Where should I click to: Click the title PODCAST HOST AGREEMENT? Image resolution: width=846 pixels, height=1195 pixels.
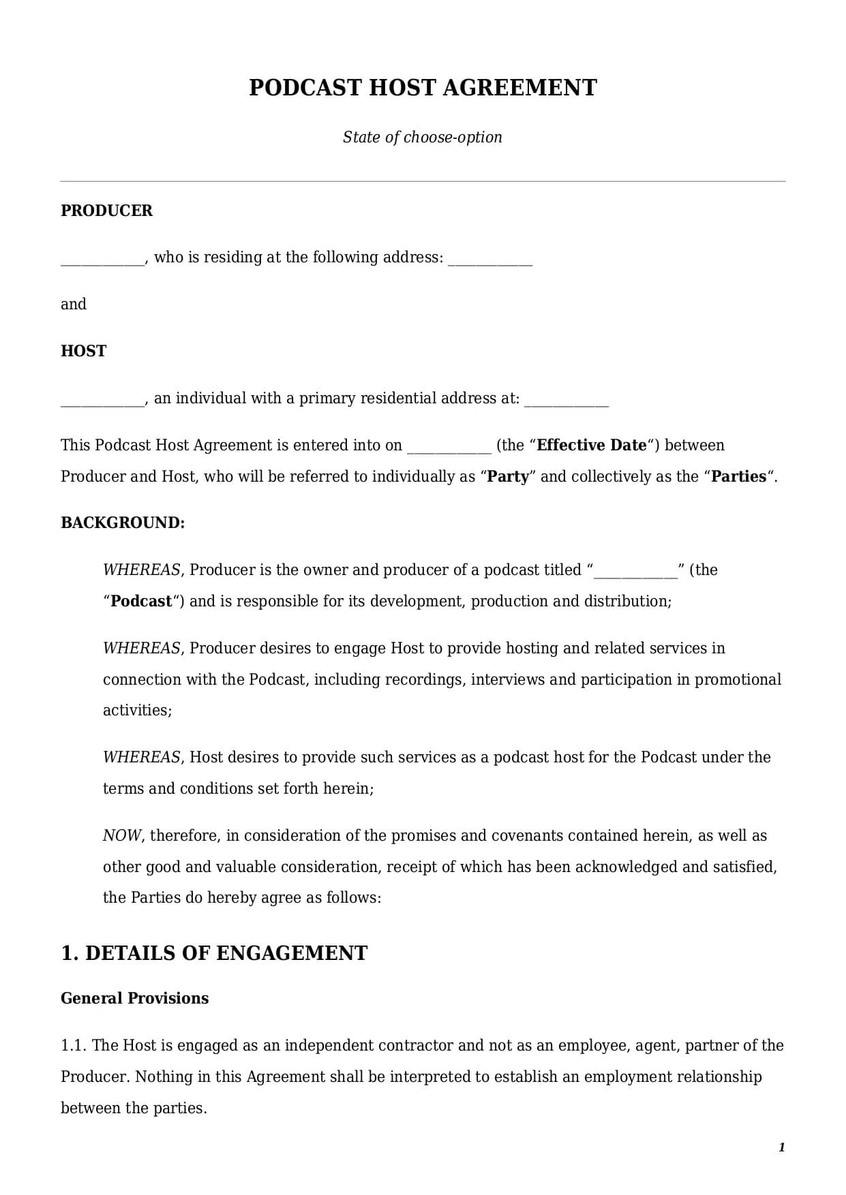[x=423, y=88]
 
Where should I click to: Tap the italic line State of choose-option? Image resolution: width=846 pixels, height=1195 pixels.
[x=423, y=138]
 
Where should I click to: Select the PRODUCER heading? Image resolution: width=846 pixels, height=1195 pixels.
[x=107, y=211]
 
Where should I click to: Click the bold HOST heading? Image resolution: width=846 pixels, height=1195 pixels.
[x=84, y=352]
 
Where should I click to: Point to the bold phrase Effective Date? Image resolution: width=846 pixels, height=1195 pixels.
[x=592, y=446]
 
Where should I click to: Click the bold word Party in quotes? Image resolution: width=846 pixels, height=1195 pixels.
[x=509, y=477]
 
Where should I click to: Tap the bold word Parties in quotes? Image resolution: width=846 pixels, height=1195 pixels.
[x=739, y=477]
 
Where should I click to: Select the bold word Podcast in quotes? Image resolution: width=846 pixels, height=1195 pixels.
[x=141, y=602]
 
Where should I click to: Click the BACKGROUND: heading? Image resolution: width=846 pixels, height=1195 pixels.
[x=123, y=523]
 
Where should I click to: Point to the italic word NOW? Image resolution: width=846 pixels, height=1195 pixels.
[x=121, y=836]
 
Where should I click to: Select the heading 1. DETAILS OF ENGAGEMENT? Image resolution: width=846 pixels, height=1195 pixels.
[x=214, y=953]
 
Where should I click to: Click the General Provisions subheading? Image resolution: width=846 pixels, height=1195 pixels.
[x=135, y=999]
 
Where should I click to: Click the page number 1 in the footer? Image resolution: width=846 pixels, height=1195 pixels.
[x=781, y=1148]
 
